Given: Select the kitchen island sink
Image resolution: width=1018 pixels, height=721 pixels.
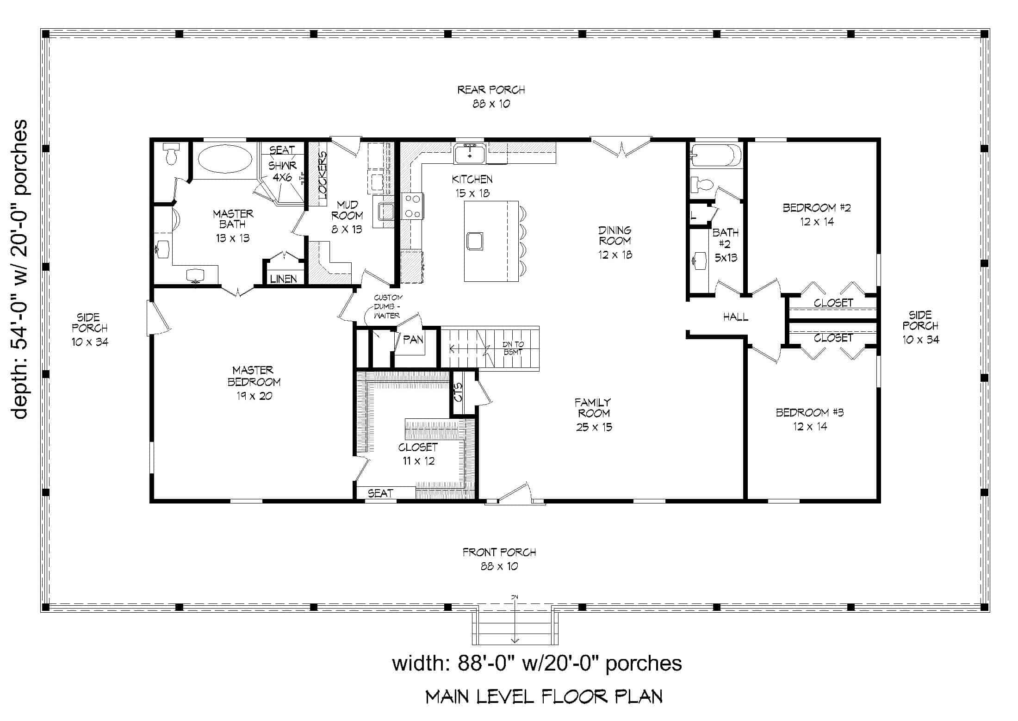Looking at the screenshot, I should (475, 241).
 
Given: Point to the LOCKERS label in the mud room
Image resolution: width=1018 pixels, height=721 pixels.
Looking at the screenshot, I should (323, 175).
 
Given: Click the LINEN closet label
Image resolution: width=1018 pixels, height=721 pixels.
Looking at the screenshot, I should (283, 279).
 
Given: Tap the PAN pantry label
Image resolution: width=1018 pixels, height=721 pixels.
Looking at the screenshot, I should (413, 340).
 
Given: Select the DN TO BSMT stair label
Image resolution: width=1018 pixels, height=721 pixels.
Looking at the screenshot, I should (513, 348).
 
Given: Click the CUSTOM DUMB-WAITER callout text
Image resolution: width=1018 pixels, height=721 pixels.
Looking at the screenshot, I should (388, 306).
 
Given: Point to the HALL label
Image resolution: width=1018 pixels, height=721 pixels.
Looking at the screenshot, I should (736, 317).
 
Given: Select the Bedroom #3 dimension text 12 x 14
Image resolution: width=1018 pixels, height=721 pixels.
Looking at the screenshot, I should (810, 426).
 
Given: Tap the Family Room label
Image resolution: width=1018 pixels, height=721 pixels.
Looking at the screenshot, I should (594, 408).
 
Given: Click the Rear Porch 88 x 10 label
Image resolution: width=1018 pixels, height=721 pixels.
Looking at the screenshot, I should (491, 96).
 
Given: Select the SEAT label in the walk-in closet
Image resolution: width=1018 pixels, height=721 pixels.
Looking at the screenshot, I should (380, 493).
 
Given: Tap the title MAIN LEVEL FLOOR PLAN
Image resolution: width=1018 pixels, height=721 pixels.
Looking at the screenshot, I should (544, 696).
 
